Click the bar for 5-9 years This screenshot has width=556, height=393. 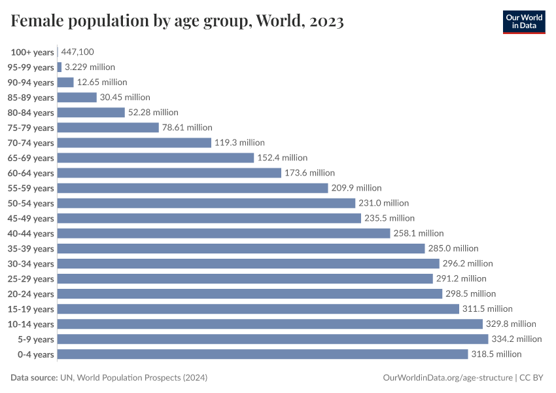pyautogui.click(x=273, y=339)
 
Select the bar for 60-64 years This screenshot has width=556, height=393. pyautogui.click(x=169, y=173)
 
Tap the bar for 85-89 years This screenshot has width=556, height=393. pyautogui.click(x=77, y=98)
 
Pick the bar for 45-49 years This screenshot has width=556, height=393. pyautogui.click(x=209, y=218)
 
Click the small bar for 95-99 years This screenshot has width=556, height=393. pyautogui.click(x=60, y=67)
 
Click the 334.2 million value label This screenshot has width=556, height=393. pyautogui.click(x=517, y=339)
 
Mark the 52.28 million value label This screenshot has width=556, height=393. pyautogui.click(x=153, y=113)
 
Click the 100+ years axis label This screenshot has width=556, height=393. pyautogui.click(x=32, y=52)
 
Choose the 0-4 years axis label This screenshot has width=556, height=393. pyautogui.click(x=37, y=354)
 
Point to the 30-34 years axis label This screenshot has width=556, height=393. pyautogui.click(x=31, y=263)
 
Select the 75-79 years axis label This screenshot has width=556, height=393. pyautogui.click(x=31, y=128)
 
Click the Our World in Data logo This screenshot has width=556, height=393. pyautogui.click(x=523, y=21)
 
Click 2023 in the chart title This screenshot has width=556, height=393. pyautogui.click(x=324, y=21)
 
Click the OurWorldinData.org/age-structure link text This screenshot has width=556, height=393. pyautogui.click(x=448, y=378)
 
